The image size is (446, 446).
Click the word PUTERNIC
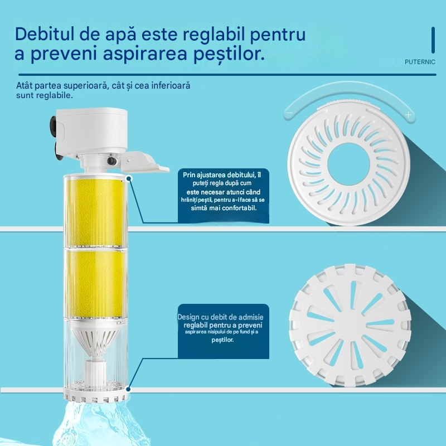420,62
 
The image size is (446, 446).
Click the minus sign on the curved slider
289,113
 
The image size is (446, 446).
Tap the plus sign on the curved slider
409,115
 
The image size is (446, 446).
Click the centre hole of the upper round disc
348,163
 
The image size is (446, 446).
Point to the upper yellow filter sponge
96,212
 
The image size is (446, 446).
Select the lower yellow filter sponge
96,283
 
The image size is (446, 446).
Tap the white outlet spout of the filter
144,162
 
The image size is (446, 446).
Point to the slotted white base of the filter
95,395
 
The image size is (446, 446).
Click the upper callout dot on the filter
129,178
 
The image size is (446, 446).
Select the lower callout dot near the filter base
128,389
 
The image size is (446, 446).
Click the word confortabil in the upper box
239,208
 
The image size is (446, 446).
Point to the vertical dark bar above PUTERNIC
433,40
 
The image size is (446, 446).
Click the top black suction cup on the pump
53,125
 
